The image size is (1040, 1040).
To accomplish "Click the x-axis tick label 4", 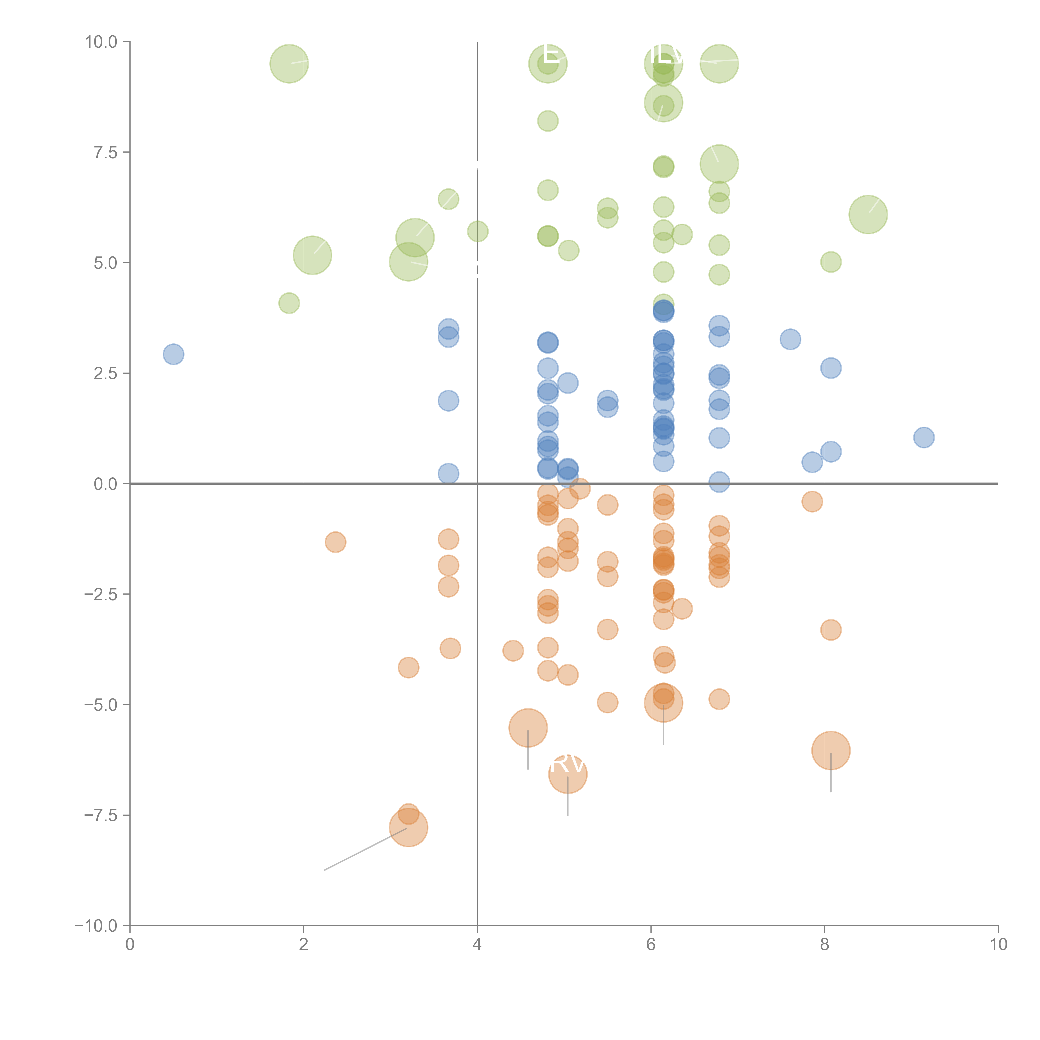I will click(x=477, y=945).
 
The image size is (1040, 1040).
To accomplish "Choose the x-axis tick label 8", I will click(x=825, y=945).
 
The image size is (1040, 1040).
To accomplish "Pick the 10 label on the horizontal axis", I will click(x=998, y=945).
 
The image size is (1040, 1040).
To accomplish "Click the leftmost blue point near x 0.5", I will click(x=173, y=354).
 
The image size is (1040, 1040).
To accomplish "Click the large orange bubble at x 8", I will click(x=831, y=750).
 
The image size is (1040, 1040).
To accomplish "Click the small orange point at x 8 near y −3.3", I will click(x=831, y=630).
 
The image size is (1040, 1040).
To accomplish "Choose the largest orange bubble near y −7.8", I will click(x=409, y=827).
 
